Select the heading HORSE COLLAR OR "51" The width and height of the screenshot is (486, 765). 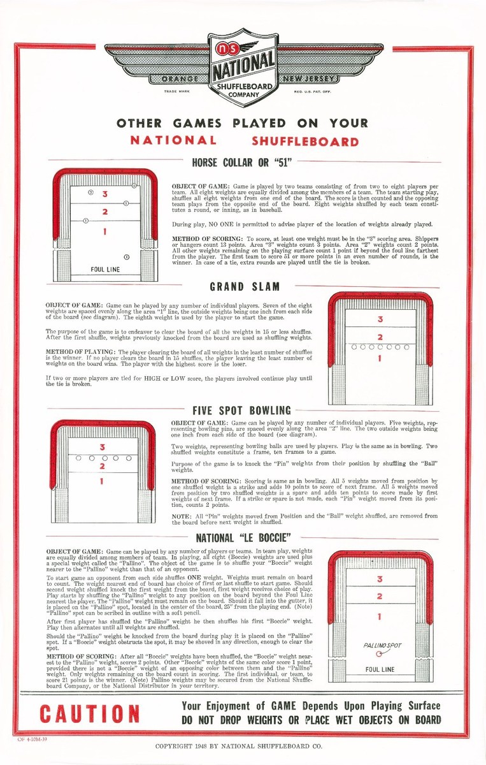coord(242,163)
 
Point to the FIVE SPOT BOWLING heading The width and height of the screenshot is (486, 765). coord(241,411)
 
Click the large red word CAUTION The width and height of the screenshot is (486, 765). coord(89,713)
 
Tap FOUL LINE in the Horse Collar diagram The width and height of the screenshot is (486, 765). coord(104,270)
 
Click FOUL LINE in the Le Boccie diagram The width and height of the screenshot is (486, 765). coord(380,670)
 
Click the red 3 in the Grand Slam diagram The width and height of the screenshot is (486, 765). coord(380,319)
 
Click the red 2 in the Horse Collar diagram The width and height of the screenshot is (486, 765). coord(104,211)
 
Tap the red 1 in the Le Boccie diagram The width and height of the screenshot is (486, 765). coord(380,616)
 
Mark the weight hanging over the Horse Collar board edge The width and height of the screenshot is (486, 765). coord(134,185)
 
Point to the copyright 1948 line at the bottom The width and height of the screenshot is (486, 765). coord(239,745)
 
